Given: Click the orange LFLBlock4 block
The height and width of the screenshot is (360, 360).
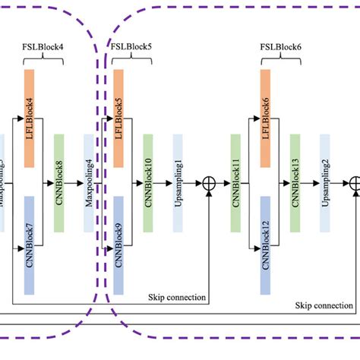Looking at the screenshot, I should point(30,118).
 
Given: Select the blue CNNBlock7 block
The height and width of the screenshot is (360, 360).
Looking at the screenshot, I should point(30,244).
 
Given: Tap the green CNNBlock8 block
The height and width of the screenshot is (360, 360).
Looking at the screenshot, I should point(59,183).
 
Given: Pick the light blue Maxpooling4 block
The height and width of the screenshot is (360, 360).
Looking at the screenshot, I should point(89,183).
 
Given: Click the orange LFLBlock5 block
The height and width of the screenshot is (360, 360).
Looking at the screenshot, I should point(118,118).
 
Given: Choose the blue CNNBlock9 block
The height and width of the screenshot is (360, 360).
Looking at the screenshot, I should point(118,244).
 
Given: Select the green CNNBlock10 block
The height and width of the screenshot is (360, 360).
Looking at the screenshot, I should point(148,183).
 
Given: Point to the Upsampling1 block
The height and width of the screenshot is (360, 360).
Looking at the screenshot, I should point(178,183).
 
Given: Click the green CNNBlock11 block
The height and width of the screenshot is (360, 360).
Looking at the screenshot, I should point(236,183).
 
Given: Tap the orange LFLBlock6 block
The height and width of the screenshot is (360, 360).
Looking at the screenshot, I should point(266,118).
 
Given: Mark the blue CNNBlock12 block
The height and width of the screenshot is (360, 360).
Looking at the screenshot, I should point(266,244).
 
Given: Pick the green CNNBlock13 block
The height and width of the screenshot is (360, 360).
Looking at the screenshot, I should point(295,183).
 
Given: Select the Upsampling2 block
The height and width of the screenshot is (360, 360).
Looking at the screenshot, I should point(325,183).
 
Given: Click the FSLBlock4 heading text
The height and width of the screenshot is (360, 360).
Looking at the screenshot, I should point(43,46).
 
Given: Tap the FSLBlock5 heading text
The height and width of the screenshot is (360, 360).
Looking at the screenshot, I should point(131,46).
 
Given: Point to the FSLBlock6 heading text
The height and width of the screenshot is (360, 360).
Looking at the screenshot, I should point(279,46).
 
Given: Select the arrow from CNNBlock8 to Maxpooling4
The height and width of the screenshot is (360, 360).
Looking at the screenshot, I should point(74,183).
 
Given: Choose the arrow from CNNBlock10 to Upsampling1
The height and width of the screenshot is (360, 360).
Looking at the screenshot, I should point(163,183).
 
